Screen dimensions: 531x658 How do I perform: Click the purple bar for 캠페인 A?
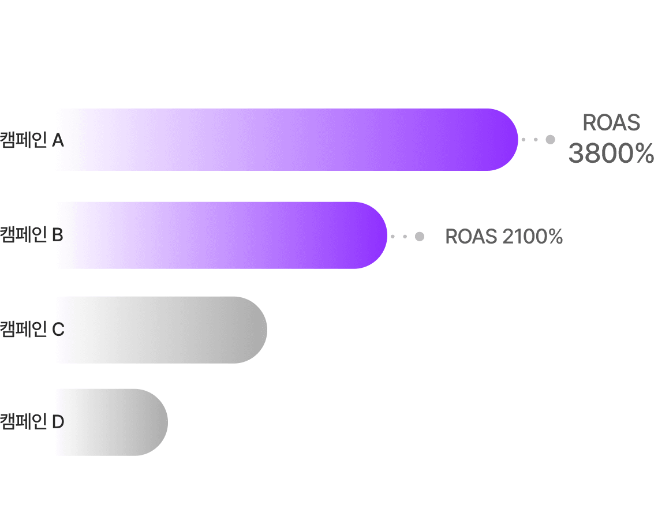(x=289, y=140)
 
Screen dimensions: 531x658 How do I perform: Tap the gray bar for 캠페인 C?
(x=162, y=330)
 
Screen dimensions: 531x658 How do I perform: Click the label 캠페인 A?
(x=32, y=140)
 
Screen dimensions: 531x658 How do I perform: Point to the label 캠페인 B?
(x=32, y=235)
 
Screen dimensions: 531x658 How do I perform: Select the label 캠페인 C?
(x=32, y=330)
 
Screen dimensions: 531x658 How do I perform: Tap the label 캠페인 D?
(x=32, y=422)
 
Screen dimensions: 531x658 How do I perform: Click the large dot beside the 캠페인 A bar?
(x=550, y=140)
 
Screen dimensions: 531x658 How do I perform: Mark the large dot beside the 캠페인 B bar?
(x=420, y=236)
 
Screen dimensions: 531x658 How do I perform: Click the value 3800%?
(x=611, y=154)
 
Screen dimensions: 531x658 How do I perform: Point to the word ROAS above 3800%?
(x=612, y=122)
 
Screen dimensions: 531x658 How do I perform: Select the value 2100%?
(x=532, y=237)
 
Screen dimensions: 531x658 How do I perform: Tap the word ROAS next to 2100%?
(x=471, y=237)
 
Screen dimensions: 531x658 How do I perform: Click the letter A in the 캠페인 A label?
(x=58, y=140)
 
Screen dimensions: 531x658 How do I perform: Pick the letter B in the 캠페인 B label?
(x=58, y=235)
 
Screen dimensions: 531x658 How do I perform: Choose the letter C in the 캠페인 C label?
(x=58, y=330)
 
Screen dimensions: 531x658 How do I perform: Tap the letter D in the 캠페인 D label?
(x=58, y=422)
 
